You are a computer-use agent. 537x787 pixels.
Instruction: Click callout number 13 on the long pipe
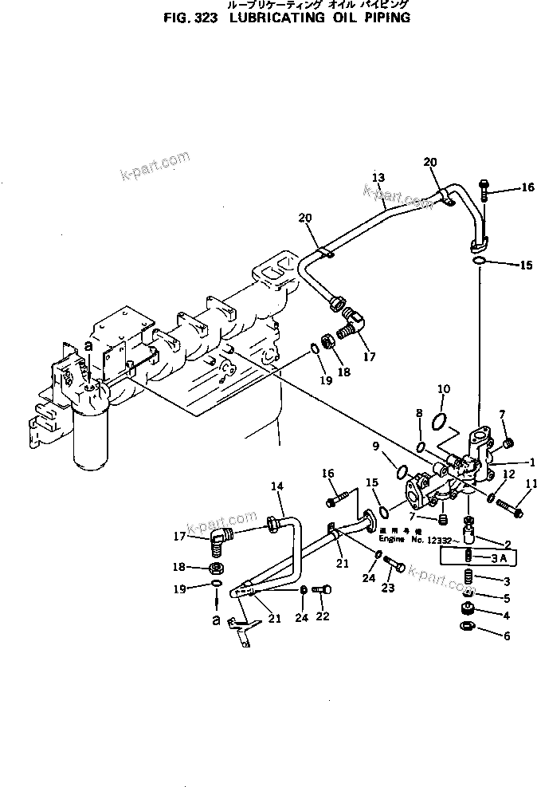[378, 177]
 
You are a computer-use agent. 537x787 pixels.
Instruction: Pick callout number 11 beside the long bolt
[531, 482]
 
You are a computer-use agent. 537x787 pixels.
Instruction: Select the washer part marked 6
[466, 627]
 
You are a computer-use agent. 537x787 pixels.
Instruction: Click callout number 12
[509, 474]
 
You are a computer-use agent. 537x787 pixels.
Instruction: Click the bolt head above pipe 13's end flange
[484, 187]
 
